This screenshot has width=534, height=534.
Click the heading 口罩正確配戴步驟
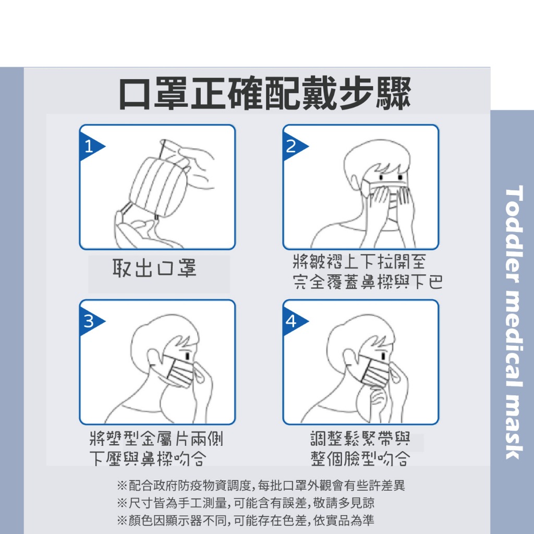tap(265, 93)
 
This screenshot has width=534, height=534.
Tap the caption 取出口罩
tap(154, 268)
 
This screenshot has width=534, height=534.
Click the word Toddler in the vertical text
tap(514, 234)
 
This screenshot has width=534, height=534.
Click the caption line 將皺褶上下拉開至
tap(359, 262)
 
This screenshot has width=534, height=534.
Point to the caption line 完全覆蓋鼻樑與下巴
tap(368, 282)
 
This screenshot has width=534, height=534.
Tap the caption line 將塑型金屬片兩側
tap(156, 439)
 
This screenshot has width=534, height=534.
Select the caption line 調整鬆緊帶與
tap(360, 439)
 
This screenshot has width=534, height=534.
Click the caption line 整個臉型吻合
tap(360, 458)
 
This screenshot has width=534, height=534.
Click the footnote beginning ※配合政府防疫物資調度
tap(261, 486)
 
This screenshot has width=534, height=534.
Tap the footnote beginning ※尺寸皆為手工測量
tap(246, 503)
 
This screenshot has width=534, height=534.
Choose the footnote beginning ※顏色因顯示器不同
tap(246, 520)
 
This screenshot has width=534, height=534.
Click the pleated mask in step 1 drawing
tap(158, 187)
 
